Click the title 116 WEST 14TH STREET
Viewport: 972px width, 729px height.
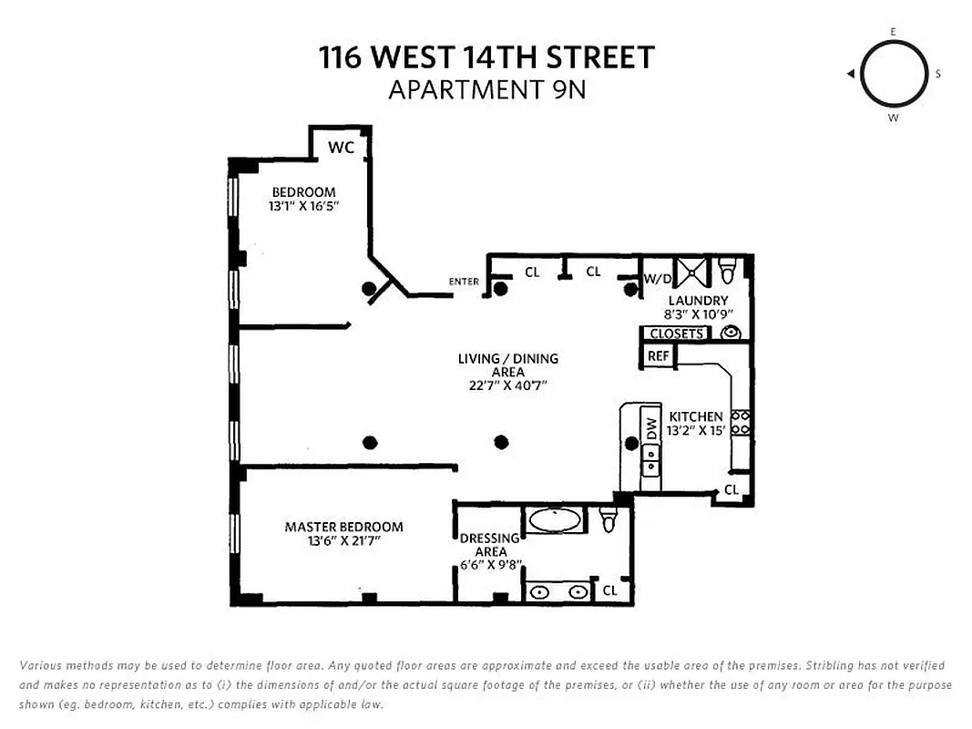[x=486, y=57]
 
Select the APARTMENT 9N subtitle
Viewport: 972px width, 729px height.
[x=486, y=90]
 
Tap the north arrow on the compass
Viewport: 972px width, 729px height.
[x=849, y=74]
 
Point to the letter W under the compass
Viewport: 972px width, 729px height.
[x=893, y=118]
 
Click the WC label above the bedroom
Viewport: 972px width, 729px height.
[x=341, y=147]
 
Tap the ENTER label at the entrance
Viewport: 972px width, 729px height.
[x=464, y=282]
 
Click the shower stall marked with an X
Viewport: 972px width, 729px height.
[x=695, y=270]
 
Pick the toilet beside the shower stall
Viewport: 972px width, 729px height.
[x=728, y=271]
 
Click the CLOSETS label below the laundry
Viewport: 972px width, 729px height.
[x=676, y=334]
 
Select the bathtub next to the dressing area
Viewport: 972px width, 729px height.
[x=556, y=521]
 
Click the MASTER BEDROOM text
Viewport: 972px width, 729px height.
[x=343, y=527]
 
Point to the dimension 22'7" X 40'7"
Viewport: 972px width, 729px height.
[x=507, y=385]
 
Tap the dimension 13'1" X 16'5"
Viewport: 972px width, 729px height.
[x=303, y=207]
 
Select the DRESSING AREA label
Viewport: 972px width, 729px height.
[x=489, y=545]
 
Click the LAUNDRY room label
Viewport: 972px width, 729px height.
[x=698, y=301]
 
